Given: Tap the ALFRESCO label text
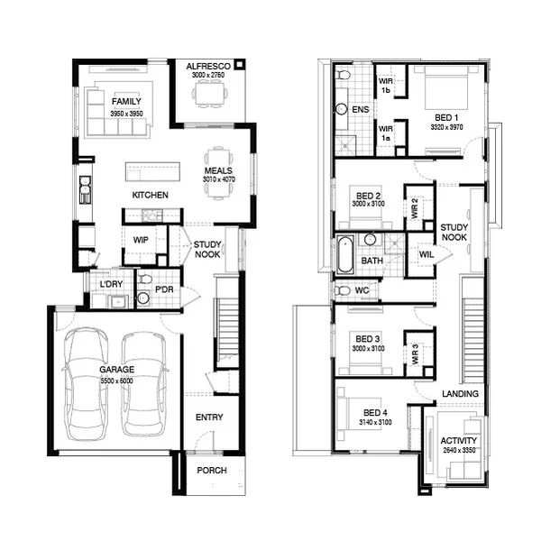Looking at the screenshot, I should point(212,67).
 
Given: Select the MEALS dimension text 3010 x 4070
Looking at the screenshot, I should point(218,179).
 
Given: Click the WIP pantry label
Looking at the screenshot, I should point(141,240).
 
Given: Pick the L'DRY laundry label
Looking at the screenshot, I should point(111,285).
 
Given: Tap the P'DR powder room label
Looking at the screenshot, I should point(164,289).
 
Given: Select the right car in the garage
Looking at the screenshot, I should point(144,381).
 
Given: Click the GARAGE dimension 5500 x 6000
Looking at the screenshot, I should point(117,380).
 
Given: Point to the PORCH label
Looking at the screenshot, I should point(211,471).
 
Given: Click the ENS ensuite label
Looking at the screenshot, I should point(361,110).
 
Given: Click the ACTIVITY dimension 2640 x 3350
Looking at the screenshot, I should point(460,451).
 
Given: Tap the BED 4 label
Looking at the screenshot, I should point(369,412).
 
